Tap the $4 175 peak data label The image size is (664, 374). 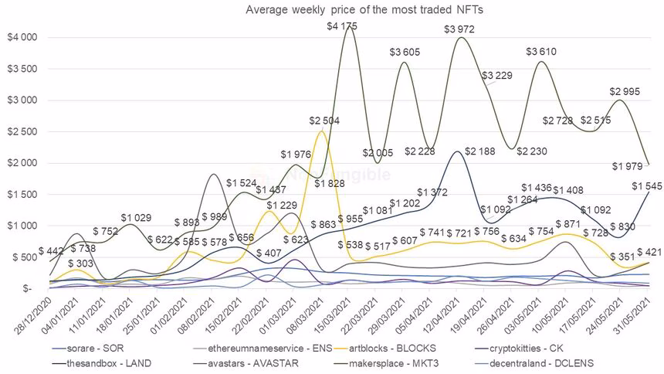pyautogui.click(x=343, y=27)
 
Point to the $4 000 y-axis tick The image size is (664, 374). pyautogui.click(x=22, y=37)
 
